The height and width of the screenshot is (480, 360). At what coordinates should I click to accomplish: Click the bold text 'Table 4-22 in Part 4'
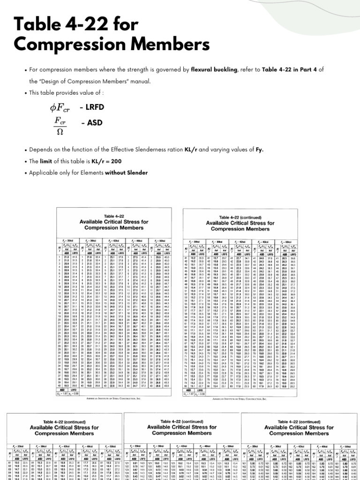click(x=285, y=70)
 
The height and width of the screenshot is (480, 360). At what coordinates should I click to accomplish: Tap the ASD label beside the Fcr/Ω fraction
click(x=93, y=123)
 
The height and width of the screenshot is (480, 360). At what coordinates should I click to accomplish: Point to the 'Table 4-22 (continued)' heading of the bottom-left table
click(x=65, y=421)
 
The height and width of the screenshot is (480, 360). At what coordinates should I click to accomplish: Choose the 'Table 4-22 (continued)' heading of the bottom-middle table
click(x=182, y=421)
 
